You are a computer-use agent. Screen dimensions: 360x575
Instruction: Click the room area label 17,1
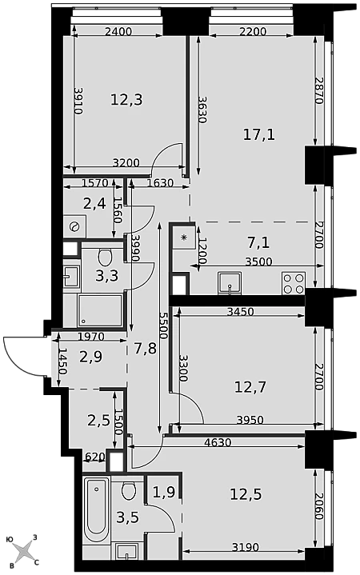click(x=259, y=135)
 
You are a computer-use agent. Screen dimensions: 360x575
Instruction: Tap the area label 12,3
click(x=126, y=99)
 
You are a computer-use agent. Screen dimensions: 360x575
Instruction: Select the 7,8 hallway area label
click(x=146, y=348)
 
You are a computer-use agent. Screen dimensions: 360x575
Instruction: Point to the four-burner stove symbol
click(x=294, y=283)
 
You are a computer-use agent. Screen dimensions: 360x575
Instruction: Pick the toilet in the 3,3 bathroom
click(x=105, y=257)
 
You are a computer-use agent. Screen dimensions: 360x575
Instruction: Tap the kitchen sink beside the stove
click(x=230, y=283)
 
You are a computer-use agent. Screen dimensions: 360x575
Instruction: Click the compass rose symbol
click(x=23, y=550)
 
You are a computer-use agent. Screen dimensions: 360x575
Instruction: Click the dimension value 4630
click(x=218, y=442)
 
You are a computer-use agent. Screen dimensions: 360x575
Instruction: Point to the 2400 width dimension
click(x=118, y=31)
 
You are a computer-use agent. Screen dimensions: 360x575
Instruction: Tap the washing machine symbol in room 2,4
click(x=74, y=226)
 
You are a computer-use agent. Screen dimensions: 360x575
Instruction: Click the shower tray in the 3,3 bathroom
click(x=100, y=310)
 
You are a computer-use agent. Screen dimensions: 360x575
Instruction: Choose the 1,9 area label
click(x=164, y=493)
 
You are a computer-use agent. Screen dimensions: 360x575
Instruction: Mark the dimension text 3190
click(x=246, y=548)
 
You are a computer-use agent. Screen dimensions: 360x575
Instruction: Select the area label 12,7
click(x=250, y=387)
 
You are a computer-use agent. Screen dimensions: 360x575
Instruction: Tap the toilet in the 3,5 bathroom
click(x=129, y=491)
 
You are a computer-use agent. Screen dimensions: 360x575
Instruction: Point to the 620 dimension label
click(x=95, y=457)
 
